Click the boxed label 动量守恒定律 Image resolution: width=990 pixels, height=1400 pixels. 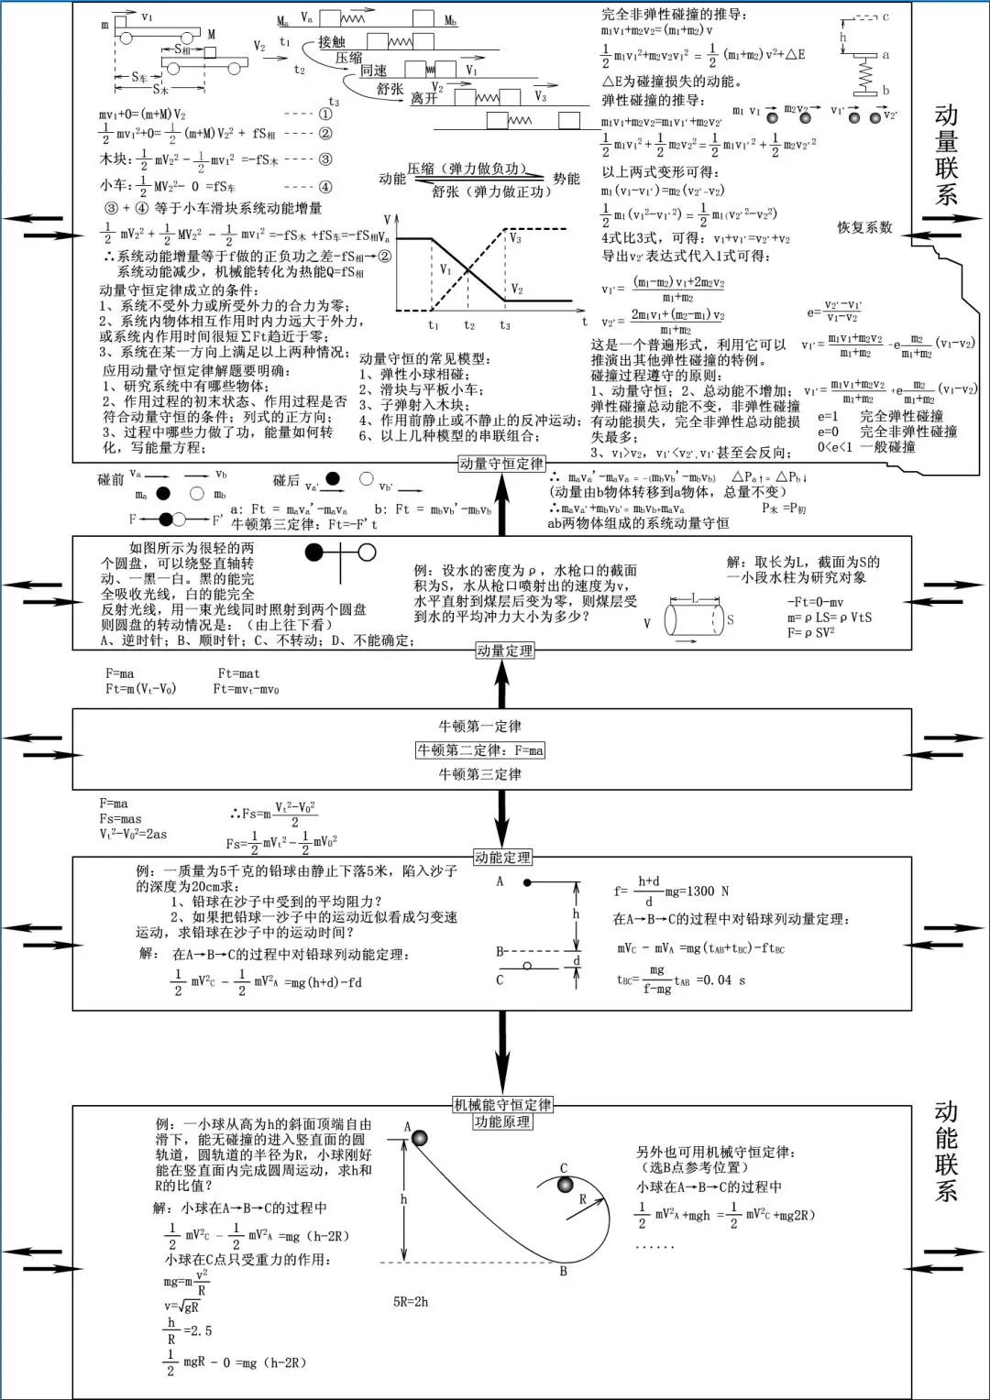[501, 464]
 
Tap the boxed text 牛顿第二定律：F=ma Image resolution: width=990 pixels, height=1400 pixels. [480, 750]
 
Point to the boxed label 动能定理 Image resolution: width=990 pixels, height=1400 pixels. [502, 858]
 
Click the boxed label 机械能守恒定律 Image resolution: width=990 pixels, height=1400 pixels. [503, 1105]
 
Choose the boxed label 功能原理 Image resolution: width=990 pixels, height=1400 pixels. [502, 1121]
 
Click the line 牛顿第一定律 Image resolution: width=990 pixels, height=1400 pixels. [479, 727]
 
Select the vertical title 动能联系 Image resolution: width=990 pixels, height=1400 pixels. [946, 1151]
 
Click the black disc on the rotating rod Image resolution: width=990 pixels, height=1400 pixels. [314, 552]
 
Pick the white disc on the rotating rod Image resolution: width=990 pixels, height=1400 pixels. [367, 552]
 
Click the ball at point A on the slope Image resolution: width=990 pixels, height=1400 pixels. [419, 1138]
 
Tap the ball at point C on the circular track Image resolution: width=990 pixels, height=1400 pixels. [566, 1186]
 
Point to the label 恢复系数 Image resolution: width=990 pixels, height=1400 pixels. [863, 227]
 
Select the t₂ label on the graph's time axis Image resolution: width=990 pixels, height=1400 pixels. [469, 325]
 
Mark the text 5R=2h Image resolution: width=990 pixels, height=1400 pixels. [411, 1301]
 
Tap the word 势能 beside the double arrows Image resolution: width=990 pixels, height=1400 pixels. [566, 179]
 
